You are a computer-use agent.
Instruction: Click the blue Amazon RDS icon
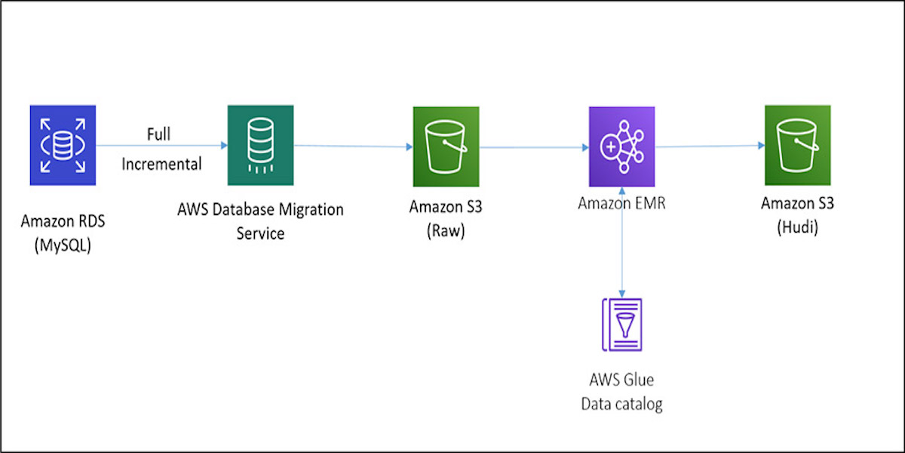(63, 145)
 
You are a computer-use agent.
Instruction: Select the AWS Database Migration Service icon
(260, 145)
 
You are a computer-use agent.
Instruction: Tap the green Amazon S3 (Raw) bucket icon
(446, 146)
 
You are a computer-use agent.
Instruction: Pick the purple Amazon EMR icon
(621, 146)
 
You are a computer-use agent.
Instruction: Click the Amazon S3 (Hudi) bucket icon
(797, 145)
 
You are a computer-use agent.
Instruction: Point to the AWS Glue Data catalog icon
(621, 324)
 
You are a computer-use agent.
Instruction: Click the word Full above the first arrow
(158, 134)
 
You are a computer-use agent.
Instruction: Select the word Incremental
(162, 163)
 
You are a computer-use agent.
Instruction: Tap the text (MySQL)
(63, 245)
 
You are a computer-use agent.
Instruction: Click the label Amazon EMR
(621, 202)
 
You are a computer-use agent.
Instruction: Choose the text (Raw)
(446, 232)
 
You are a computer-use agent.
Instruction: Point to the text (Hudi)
(797, 229)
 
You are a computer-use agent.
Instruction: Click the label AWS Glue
(621, 379)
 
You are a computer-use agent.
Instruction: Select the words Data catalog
(621, 404)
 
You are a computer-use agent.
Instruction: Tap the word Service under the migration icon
(260, 233)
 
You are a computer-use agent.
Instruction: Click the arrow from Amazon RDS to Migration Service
(162, 146)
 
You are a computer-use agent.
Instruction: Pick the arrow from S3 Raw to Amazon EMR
(533, 147)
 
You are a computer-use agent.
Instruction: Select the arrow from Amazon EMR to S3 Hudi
(709, 146)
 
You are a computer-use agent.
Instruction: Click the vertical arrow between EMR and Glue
(621, 242)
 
